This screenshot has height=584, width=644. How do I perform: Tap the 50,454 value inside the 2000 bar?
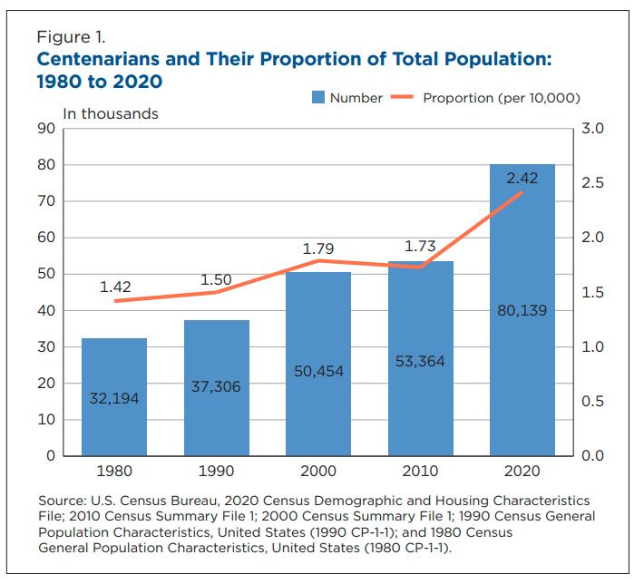coord(318,372)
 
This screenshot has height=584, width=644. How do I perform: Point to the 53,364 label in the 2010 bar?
coord(421,362)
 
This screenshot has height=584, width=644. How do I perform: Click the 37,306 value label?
coord(217,386)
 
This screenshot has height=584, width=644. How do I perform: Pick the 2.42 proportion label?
coord(522,179)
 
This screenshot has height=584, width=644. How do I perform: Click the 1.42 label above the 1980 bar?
coord(115,287)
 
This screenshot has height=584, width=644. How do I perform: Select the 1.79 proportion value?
coord(318,247)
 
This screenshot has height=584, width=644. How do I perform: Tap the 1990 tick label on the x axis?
coord(217,472)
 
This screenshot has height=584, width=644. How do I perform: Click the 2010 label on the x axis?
coord(421,472)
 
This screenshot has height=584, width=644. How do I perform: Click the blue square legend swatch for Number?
coord(317,97)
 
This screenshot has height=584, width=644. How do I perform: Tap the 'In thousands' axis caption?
coord(110,114)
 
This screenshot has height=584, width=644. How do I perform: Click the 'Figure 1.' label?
coord(71,38)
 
